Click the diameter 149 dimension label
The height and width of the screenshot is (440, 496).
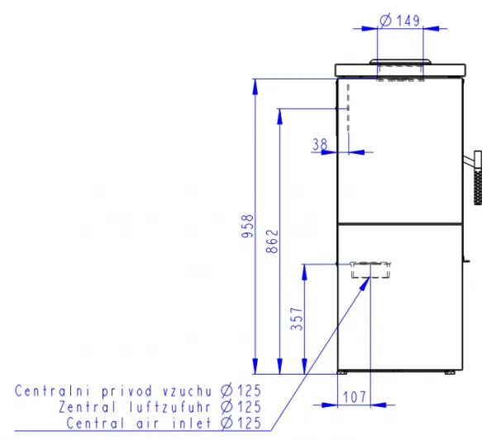(400, 21)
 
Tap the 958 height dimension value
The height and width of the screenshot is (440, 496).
(247, 226)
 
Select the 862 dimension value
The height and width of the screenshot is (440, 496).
(272, 242)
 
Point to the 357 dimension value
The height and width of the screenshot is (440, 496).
(297, 318)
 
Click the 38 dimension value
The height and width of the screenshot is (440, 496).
(320, 145)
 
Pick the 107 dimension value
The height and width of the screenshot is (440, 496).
(355, 397)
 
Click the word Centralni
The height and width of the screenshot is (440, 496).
(53, 391)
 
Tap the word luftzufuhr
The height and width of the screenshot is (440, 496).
(169, 407)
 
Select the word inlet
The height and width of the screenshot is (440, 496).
(192, 423)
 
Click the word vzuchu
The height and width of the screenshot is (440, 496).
(188, 391)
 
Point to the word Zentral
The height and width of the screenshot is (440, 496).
(88, 407)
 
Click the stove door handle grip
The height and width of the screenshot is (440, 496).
(478, 178)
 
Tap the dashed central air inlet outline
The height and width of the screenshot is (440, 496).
(370, 270)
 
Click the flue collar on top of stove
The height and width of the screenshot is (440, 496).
(400, 61)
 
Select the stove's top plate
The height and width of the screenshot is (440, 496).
(400, 70)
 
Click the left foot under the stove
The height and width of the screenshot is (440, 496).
(342, 372)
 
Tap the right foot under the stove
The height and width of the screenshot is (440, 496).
(450, 372)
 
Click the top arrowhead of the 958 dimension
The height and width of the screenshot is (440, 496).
(255, 87)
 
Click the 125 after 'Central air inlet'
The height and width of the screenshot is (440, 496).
(250, 423)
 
